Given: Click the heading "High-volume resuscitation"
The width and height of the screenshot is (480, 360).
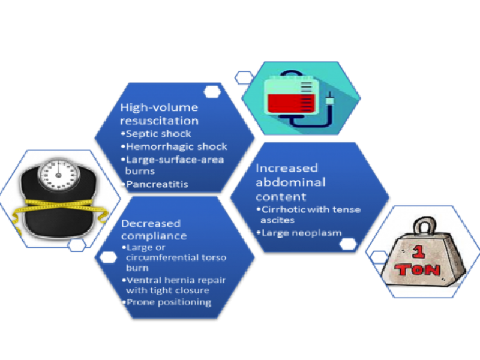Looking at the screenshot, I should point(159,114).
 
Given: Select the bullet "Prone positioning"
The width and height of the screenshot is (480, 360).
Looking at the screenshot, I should point(170,302).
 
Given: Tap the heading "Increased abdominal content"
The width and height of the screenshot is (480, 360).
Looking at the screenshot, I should point(290,182).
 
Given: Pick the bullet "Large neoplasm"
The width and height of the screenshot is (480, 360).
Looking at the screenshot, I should point(301,232).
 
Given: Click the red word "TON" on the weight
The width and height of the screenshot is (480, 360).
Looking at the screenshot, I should point(428,269).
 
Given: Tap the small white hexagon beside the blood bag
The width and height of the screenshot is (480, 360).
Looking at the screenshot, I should point(244,77).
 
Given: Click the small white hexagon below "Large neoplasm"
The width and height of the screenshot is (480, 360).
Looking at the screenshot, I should point(347,244).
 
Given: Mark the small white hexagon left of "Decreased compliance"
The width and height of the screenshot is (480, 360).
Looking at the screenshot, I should point(108,257).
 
